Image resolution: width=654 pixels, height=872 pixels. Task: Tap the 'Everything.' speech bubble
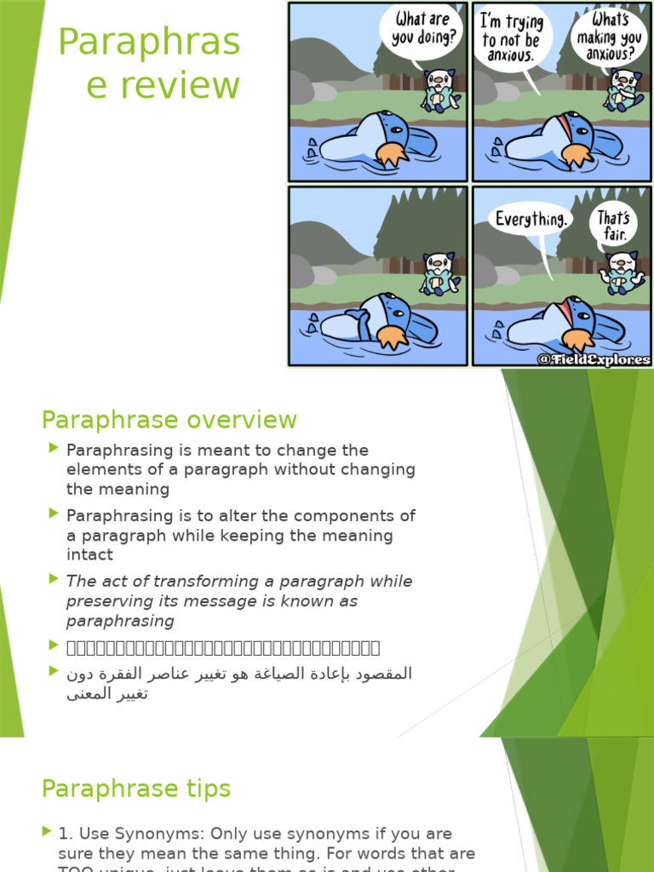coord(531,219)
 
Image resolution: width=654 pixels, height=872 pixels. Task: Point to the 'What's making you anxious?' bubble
coord(609,37)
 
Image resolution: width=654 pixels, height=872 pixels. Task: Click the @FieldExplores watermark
coord(594,359)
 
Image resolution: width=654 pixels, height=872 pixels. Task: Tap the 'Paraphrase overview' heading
coord(169,420)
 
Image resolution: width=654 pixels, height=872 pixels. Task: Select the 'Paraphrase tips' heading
coord(136,789)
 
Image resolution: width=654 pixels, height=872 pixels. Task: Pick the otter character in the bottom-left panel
coord(440,273)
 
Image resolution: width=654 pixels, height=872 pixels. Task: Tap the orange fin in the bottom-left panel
coord(392,337)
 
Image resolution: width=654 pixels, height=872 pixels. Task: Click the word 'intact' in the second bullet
coord(89,554)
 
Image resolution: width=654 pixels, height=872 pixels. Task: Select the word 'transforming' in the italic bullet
coord(178,582)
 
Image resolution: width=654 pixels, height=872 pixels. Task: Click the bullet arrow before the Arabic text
coord(54,671)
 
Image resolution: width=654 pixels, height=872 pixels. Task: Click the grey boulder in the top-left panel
coord(301,88)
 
